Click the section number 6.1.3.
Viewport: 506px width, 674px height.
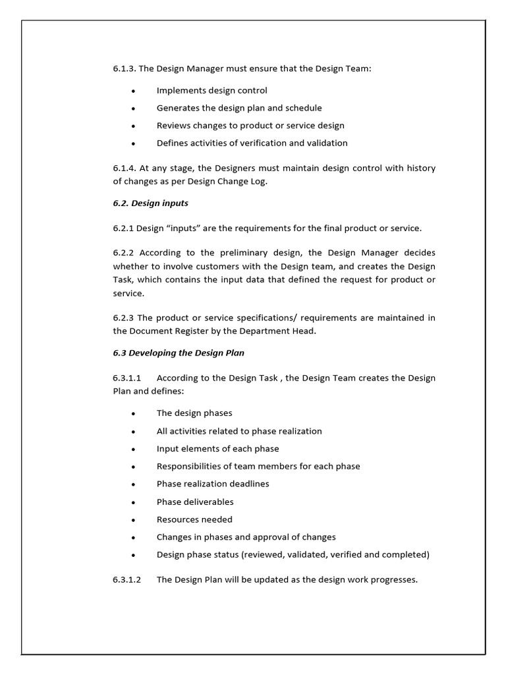click(124, 68)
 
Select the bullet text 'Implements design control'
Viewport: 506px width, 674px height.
click(211, 90)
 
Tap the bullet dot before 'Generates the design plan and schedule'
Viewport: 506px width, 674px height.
click(134, 109)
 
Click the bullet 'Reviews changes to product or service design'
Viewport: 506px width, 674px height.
click(250, 125)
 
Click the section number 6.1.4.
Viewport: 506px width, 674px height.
click(124, 168)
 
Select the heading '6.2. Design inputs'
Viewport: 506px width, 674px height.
click(150, 203)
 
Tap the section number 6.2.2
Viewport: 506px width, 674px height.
click(124, 253)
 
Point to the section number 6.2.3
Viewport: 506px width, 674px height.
click(124, 318)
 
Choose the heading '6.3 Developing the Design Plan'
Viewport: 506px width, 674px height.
click(178, 353)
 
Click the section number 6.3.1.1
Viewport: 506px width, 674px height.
click(127, 378)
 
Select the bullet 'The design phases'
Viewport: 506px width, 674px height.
click(194, 413)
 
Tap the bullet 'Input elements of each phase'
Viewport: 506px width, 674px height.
click(217, 448)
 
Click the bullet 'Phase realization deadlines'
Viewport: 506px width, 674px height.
click(213, 484)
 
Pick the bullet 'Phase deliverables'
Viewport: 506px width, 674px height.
click(195, 502)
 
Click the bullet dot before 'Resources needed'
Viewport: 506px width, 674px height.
click(134, 520)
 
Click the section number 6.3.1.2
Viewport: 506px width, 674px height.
click(127, 580)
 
